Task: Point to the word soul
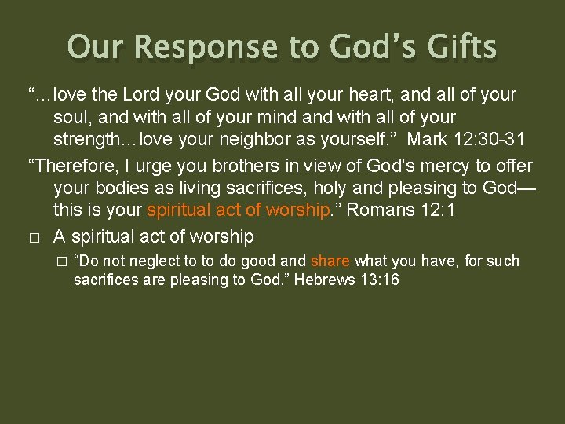point(71,118)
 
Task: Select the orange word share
point(330,261)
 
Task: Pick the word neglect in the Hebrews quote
point(156,261)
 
